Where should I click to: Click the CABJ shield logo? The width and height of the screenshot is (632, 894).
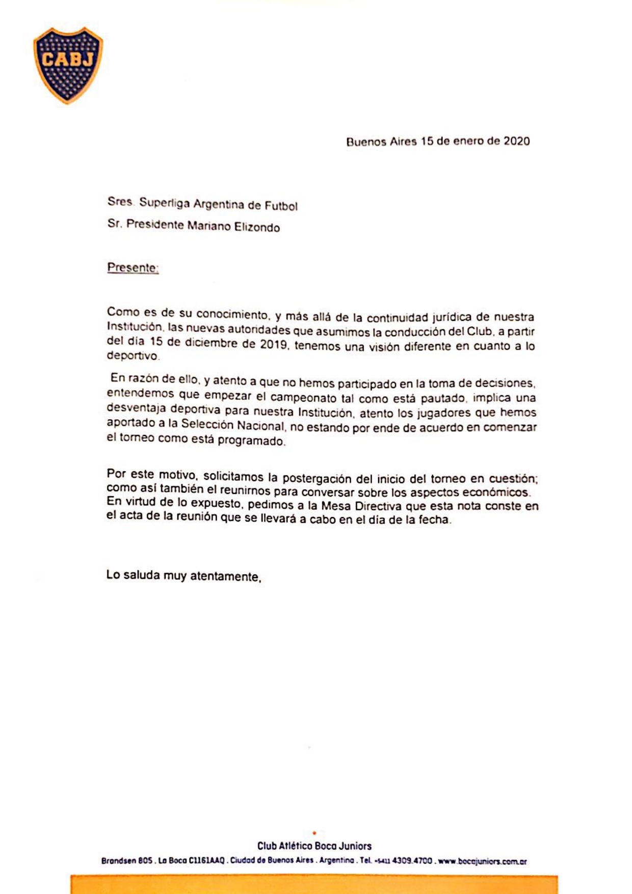tap(68, 65)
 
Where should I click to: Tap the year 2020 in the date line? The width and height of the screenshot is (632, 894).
tap(517, 141)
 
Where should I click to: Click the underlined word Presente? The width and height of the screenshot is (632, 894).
tap(133, 268)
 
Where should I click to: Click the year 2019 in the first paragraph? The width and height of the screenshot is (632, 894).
tap(274, 344)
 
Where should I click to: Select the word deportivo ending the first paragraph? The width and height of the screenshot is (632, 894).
tap(133, 357)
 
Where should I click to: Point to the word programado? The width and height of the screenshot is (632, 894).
tap(251, 441)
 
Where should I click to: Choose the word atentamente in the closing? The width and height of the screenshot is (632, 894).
tap(225, 577)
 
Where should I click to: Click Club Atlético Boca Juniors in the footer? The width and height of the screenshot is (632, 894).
tap(314, 846)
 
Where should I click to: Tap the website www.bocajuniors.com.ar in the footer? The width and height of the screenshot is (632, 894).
tap(482, 861)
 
